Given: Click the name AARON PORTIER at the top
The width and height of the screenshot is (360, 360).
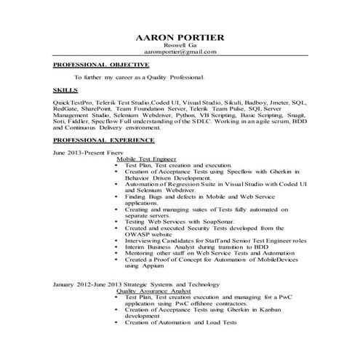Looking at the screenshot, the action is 180,36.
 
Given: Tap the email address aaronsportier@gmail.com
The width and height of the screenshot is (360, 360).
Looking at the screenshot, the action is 180,52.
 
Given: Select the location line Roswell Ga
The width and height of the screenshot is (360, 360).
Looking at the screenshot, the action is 180,45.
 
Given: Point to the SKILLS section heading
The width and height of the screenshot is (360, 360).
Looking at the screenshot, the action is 65,88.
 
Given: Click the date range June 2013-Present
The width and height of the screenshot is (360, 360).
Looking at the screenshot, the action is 77,153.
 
